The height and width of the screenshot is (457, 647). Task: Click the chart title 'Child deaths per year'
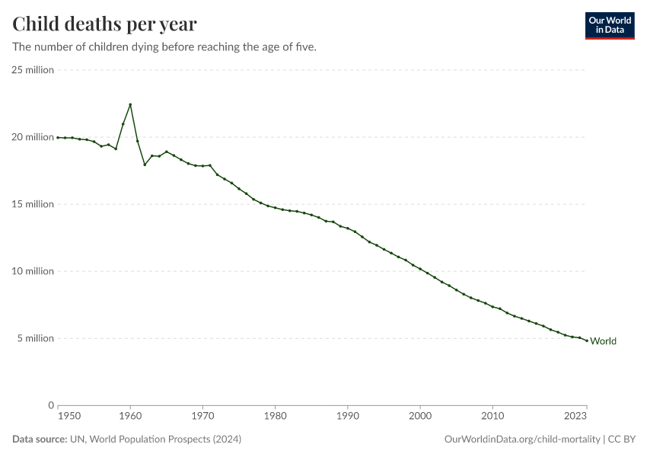pyautogui.click(x=104, y=24)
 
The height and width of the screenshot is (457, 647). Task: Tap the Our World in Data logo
pyautogui.click(x=609, y=25)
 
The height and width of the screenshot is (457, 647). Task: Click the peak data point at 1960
pyautogui.click(x=130, y=104)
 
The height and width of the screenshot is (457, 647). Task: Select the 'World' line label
pyautogui.click(x=603, y=341)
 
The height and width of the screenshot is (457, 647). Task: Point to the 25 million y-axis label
pyautogui.click(x=33, y=70)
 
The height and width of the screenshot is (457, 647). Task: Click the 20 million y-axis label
pyautogui.click(x=33, y=137)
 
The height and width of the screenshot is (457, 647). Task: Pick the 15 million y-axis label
pyautogui.click(x=33, y=204)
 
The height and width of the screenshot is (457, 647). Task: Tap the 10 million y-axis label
pyautogui.click(x=33, y=271)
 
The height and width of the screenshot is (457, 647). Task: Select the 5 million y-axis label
pyautogui.click(x=35, y=338)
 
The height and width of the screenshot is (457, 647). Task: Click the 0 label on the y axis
pyautogui.click(x=50, y=405)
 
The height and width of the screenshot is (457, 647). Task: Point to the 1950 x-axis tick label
pyautogui.click(x=69, y=417)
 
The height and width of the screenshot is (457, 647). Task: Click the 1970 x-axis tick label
pyautogui.click(x=202, y=417)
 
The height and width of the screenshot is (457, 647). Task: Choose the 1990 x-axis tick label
pyautogui.click(x=348, y=417)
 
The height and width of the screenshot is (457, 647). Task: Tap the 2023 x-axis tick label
pyautogui.click(x=575, y=417)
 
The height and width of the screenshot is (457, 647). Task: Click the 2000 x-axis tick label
pyautogui.click(x=420, y=417)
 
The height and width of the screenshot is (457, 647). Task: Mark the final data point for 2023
pyautogui.click(x=587, y=340)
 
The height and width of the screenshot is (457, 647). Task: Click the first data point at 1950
pyautogui.click(x=58, y=137)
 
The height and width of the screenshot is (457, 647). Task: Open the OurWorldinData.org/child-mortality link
pyautogui.click(x=522, y=439)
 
